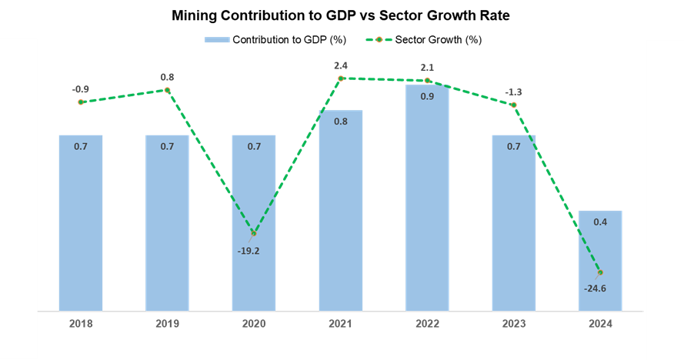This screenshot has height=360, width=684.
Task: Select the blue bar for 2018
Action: point(81,223)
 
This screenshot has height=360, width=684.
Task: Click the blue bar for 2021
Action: point(341,211)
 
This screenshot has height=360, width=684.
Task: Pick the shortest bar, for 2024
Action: point(600,261)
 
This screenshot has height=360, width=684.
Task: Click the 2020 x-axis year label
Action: point(254,324)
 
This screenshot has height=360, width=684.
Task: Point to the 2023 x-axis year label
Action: point(514,324)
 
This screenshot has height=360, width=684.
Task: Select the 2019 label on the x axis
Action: point(167,324)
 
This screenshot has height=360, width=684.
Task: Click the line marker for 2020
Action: point(254,232)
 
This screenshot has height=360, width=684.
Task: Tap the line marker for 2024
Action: point(600,272)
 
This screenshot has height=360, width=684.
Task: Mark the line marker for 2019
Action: point(168,90)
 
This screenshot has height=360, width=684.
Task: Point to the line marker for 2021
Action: point(341,78)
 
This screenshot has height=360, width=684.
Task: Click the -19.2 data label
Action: point(249,250)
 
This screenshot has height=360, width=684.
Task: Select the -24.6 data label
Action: point(595,288)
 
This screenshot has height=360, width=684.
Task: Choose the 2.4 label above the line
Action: point(341,65)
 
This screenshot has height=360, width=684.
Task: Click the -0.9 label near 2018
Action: point(81,89)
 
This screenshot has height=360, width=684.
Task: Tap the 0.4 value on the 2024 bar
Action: point(600,222)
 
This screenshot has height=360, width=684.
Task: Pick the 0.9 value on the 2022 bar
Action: point(427,96)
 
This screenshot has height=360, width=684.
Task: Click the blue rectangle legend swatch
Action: point(217,39)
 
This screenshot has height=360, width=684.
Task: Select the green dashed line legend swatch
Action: point(379,39)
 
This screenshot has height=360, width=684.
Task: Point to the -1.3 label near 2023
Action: point(513,92)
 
